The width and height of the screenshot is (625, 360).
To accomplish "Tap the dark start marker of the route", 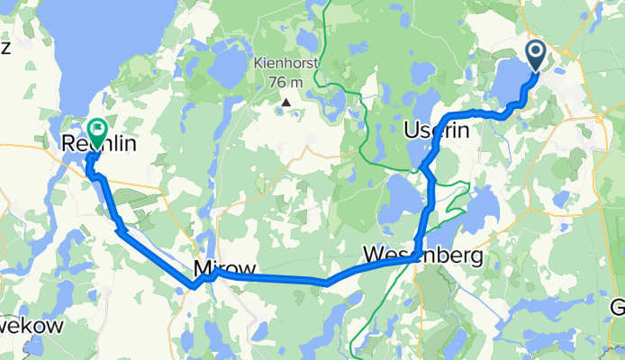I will [x=535, y=54].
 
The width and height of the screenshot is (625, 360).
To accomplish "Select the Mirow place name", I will [x=223, y=268].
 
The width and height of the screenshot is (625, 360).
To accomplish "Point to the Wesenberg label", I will [x=422, y=256].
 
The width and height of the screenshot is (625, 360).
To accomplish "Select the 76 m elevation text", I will [x=286, y=82].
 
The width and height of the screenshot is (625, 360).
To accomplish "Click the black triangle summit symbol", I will [x=286, y=102].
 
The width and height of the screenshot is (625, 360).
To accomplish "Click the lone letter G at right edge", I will [x=617, y=306].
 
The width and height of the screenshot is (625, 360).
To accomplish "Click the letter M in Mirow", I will [x=202, y=268].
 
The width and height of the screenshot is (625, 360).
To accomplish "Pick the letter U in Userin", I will [x=412, y=130].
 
